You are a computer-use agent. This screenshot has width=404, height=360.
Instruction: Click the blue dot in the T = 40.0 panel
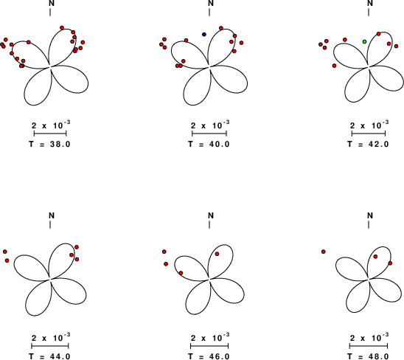point(204,34)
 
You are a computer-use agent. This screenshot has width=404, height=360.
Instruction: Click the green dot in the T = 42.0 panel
point(365,41)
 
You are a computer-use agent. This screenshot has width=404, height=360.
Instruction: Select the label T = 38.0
point(49,144)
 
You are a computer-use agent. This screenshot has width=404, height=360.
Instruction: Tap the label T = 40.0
point(209,144)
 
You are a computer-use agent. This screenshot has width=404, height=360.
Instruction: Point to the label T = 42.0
point(368,144)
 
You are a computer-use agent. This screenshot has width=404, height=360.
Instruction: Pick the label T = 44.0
point(49,356)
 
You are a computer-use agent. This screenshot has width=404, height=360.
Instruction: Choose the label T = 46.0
point(209,356)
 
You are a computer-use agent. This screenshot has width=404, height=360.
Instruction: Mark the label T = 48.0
point(368,356)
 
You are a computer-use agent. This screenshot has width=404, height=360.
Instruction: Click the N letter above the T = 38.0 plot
point(52,4)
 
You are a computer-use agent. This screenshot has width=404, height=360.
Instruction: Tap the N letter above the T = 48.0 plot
point(370,215)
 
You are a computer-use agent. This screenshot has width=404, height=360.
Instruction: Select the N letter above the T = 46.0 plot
point(211,215)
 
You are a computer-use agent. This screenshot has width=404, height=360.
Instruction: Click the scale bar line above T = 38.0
point(50,134)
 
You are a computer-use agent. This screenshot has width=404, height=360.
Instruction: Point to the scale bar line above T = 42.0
point(369,134)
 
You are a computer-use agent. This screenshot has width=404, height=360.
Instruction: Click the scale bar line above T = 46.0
point(209,346)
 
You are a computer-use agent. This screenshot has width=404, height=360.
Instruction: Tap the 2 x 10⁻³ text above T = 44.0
point(51,337)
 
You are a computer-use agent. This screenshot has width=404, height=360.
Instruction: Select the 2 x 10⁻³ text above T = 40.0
point(210,125)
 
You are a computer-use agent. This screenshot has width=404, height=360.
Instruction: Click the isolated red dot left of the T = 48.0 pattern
point(324,252)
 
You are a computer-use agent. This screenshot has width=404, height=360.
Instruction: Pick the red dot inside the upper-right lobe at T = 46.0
point(217,254)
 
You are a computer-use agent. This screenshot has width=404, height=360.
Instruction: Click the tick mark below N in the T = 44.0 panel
point(50,224)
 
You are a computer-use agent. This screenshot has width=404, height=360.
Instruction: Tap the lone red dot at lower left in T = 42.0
point(334,66)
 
